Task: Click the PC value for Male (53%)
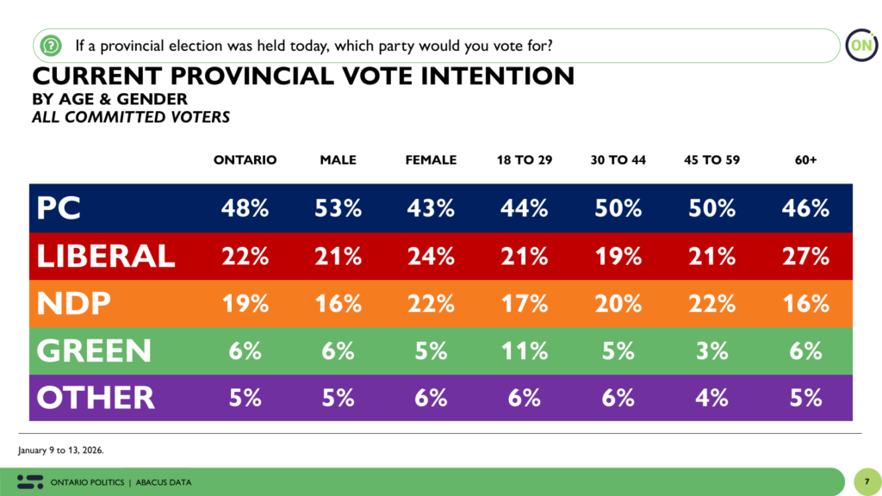tap(339, 208)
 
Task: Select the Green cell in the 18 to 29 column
tap(525, 350)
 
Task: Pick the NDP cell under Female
tap(432, 303)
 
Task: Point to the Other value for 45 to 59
tap(712, 397)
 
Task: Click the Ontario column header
tap(245, 160)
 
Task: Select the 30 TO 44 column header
tap(618, 160)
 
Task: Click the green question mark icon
tap(51, 44)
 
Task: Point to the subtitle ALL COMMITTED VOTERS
tap(130, 117)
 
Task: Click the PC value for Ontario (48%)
tap(245, 208)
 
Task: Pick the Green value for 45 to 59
tap(712, 350)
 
